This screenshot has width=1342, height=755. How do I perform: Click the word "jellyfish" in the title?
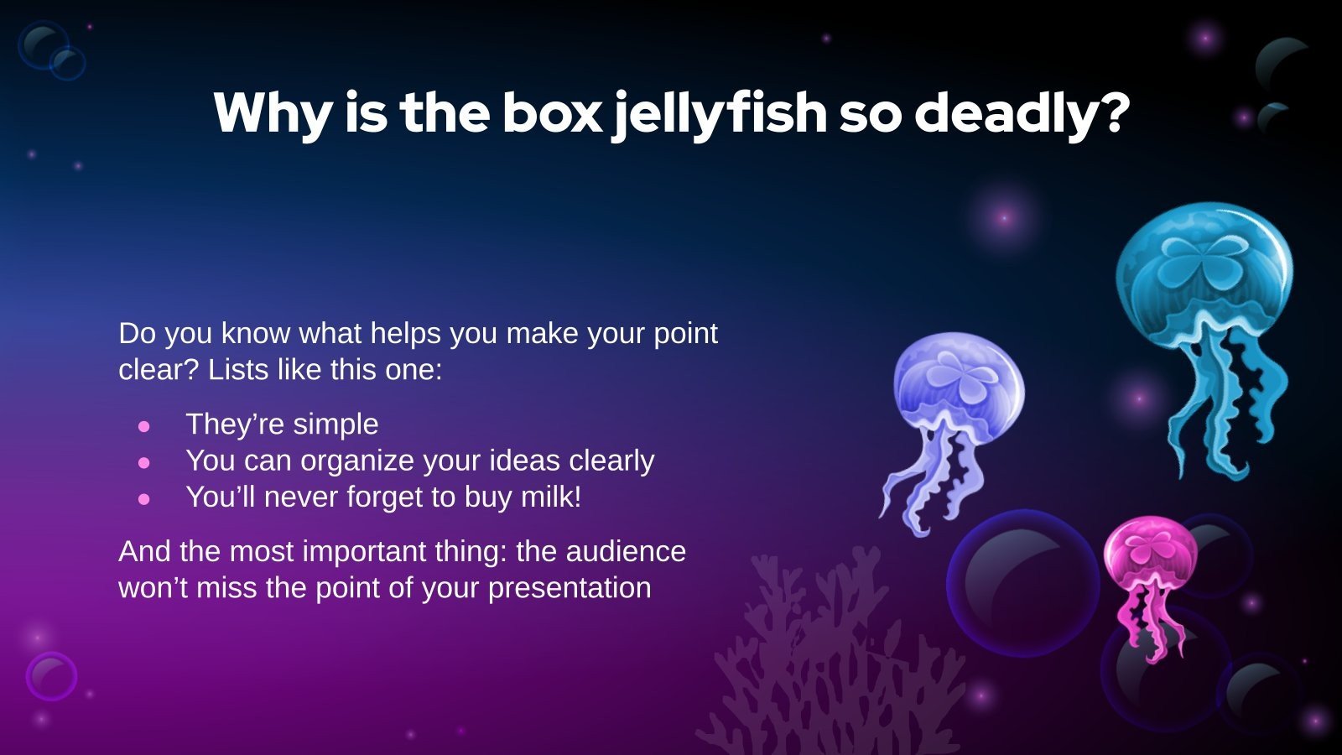[719, 114]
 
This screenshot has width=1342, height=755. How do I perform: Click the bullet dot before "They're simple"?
[144, 426]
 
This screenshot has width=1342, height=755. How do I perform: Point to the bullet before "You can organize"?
[144, 462]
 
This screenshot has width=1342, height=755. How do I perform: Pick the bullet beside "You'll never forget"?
[144, 498]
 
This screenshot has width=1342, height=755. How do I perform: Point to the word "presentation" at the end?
[570, 587]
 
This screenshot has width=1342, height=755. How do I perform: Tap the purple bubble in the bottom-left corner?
[51, 676]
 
